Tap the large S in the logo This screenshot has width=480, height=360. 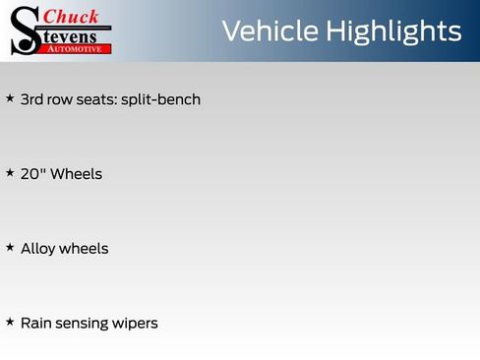tap(25, 30)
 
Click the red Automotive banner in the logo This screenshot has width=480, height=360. tap(77, 47)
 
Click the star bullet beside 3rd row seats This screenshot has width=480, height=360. tap(10, 98)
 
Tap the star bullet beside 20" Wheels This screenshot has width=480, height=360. tap(10, 173)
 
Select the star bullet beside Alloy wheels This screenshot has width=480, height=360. tap(10, 248)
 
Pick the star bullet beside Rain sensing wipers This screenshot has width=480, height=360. tap(10, 322)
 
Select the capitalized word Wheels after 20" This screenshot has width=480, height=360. tap(76, 174)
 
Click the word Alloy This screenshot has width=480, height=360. tap(37, 249)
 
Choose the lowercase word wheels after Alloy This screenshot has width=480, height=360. tap(84, 249)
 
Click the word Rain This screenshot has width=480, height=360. tap(36, 323)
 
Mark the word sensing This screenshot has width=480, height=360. tap(84, 324)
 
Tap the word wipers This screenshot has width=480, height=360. tap(137, 324)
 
